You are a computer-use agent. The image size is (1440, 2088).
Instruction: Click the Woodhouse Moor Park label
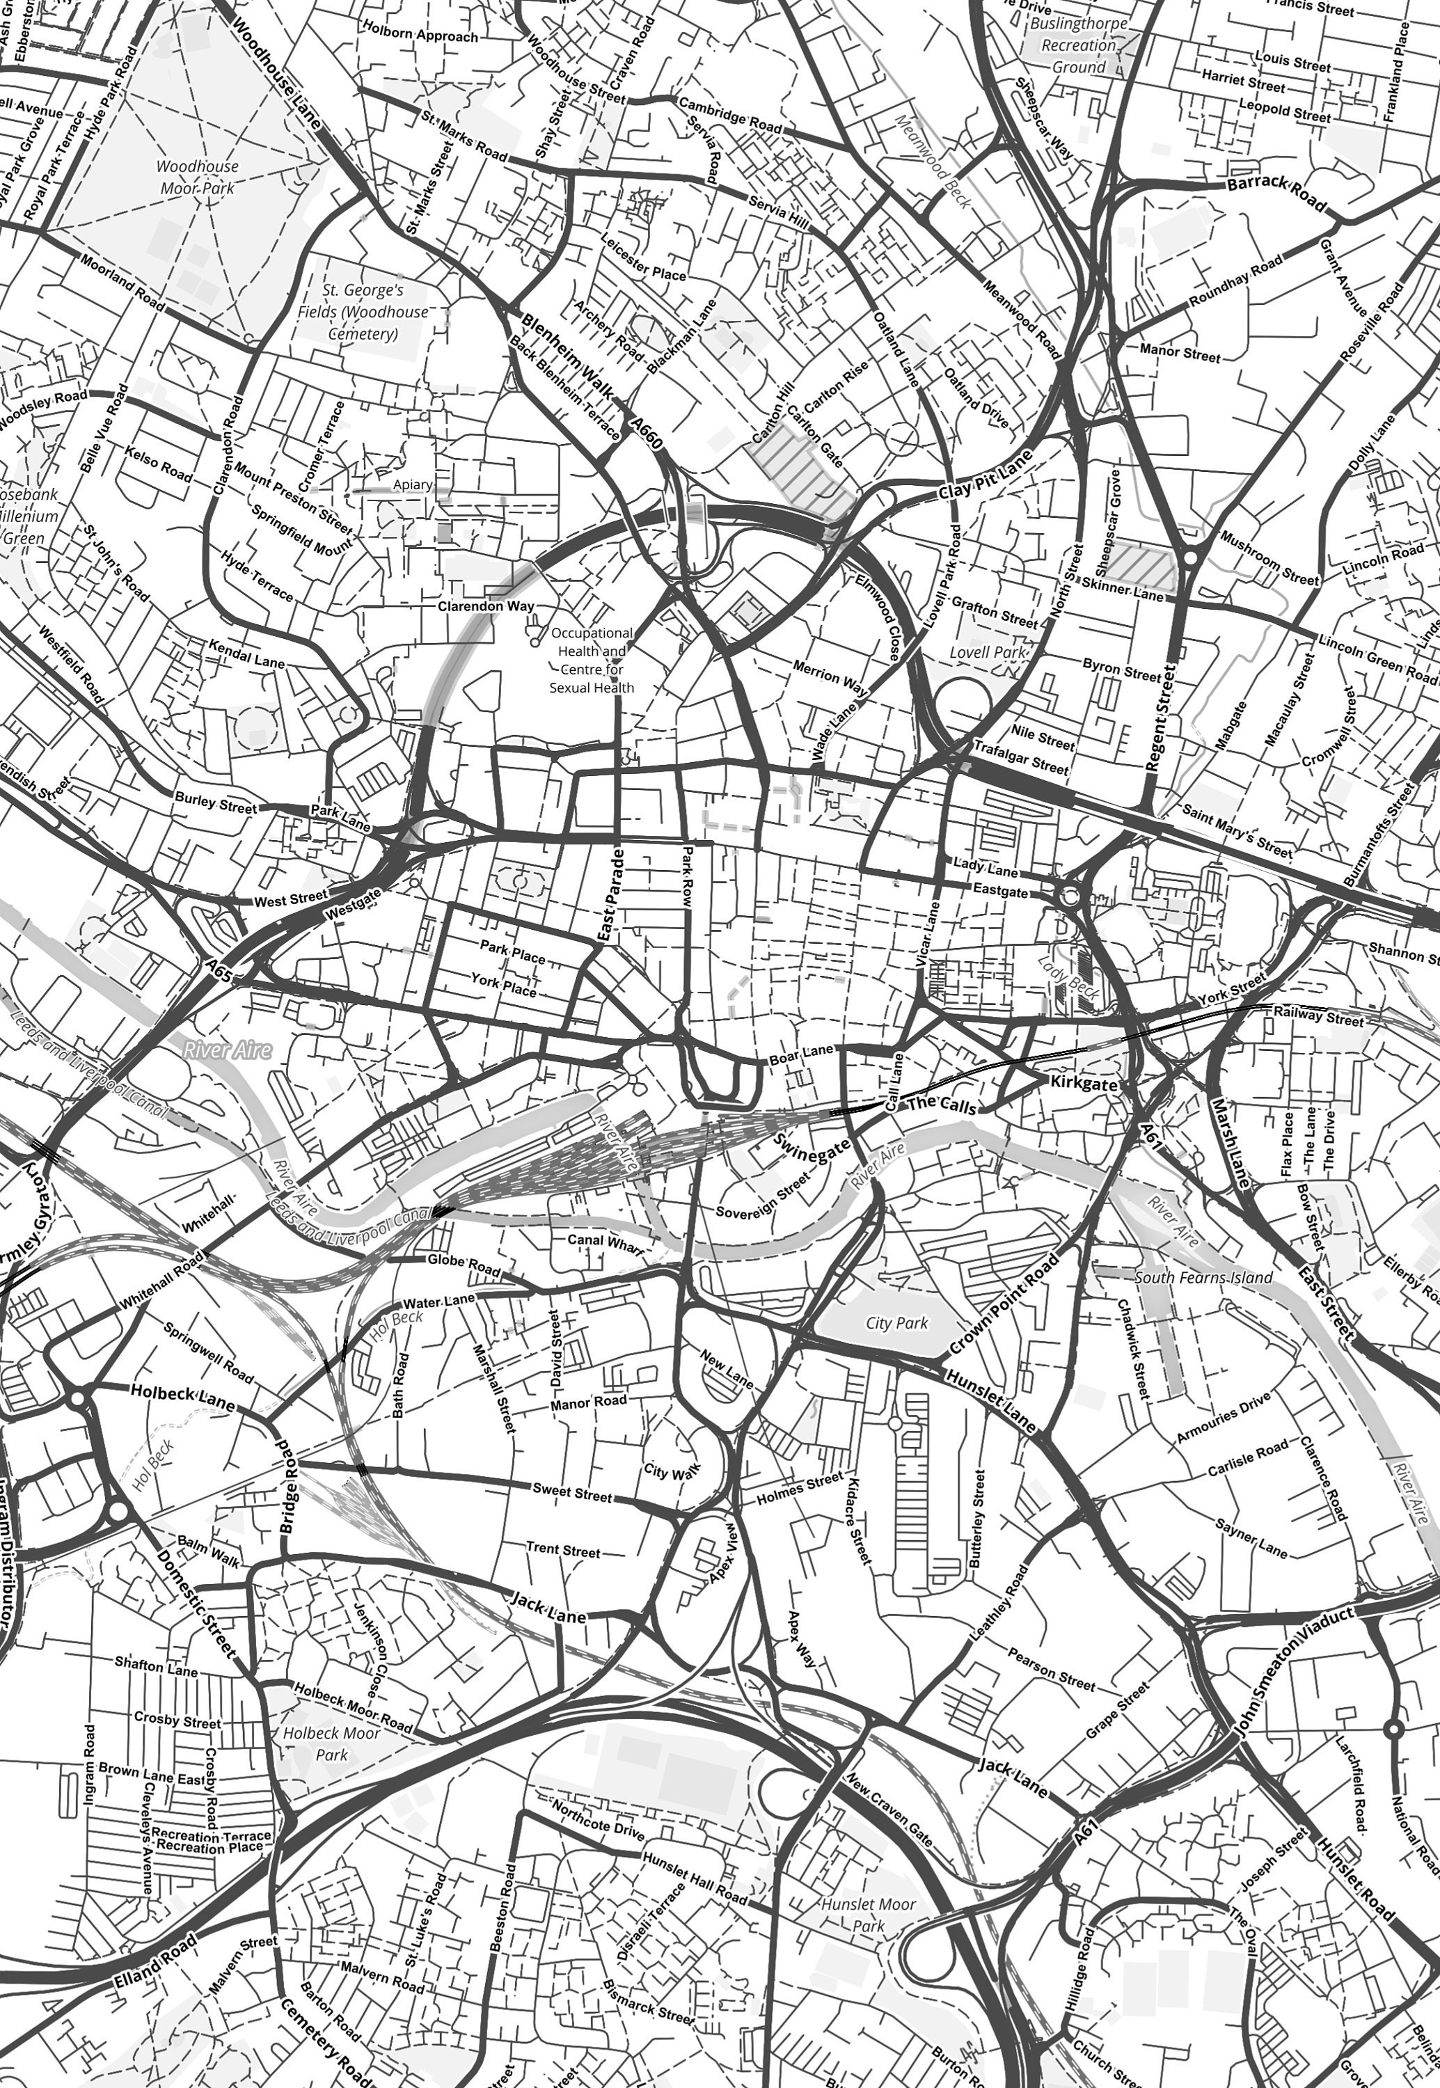[x=198, y=177]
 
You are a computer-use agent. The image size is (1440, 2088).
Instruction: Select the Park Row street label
[x=687, y=876]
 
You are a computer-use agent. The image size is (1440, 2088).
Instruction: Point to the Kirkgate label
[x=1084, y=1083]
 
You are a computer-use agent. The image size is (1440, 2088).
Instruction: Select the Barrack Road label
[x=1276, y=191]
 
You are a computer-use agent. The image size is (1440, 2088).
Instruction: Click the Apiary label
[x=412, y=484]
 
